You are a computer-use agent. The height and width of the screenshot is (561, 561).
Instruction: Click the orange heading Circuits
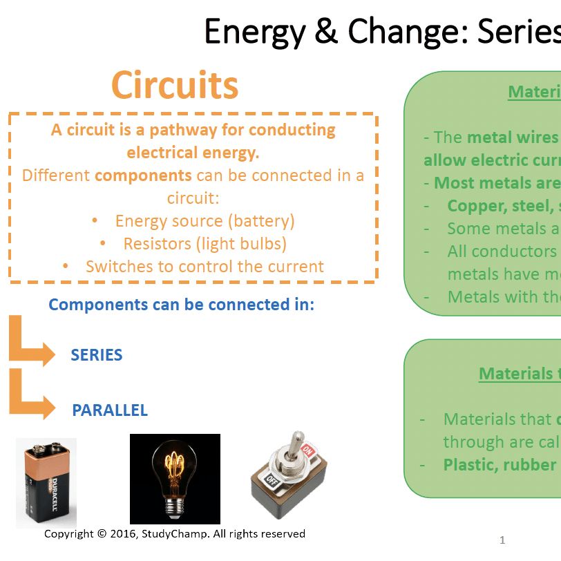coord(175,86)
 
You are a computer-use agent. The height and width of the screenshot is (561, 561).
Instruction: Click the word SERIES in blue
coord(97,355)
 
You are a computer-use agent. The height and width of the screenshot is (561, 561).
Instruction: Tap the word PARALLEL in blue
coord(110,410)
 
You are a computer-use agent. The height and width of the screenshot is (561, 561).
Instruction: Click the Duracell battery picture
coord(46,482)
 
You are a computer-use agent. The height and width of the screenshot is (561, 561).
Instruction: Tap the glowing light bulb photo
coord(175,478)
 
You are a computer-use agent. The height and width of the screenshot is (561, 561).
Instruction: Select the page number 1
coord(502,540)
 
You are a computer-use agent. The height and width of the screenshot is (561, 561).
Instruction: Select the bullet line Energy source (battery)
coord(205,221)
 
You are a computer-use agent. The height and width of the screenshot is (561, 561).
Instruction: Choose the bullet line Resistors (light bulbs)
coord(205,244)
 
